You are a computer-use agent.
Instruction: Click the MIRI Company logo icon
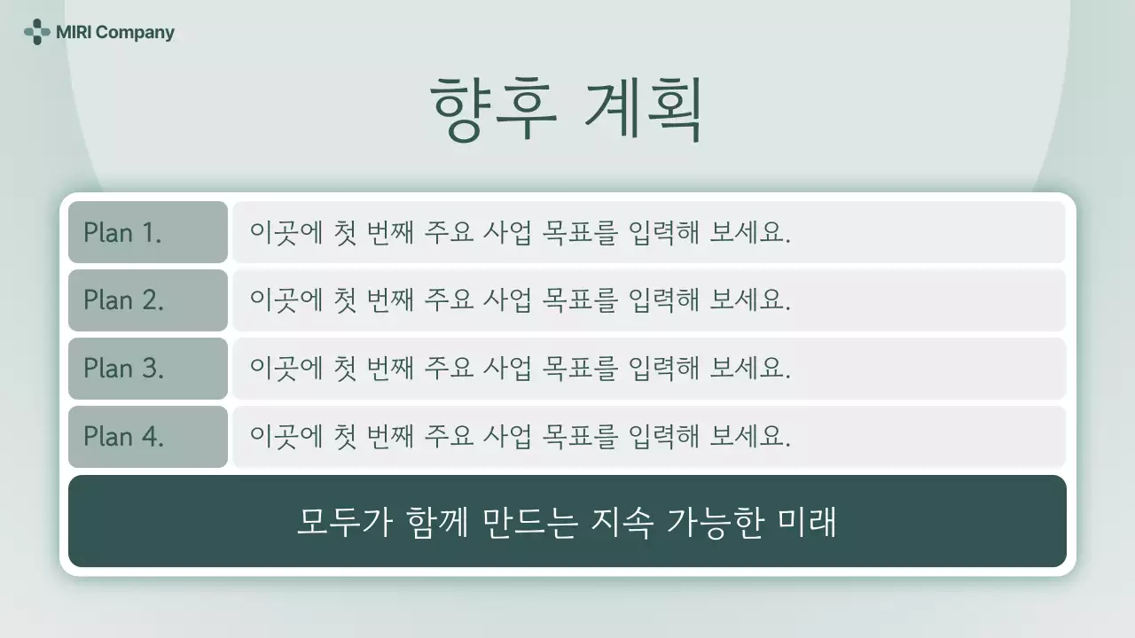[36, 33]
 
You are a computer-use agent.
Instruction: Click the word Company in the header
[135, 33]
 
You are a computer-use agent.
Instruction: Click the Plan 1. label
[122, 233]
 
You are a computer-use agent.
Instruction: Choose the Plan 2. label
[123, 300]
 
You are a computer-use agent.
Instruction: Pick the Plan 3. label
[123, 369]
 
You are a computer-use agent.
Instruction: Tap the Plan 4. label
[123, 437]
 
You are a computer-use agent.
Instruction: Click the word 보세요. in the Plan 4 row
[750, 437]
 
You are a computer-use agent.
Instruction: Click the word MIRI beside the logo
[73, 33]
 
